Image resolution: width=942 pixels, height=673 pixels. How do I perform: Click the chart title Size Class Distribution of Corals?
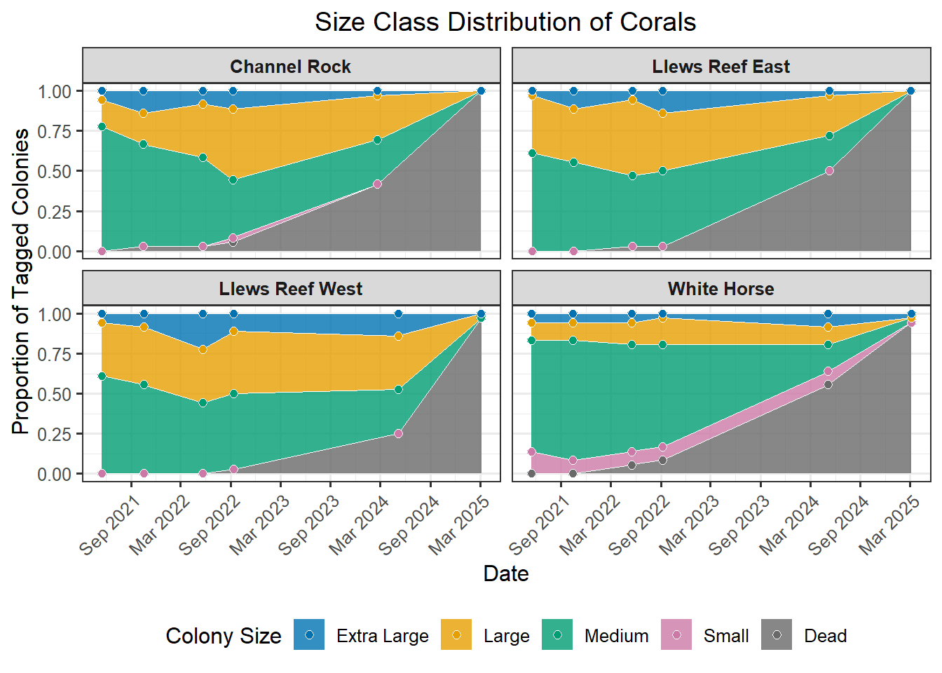(x=505, y=22)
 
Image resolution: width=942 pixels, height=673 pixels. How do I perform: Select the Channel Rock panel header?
(x=290, y=67)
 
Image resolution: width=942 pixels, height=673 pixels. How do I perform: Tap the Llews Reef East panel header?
(x=721, y=67)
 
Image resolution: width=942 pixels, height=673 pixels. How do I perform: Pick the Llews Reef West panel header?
(x=290, y=289)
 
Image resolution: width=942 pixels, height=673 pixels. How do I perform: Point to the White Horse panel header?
(x=721, y=289)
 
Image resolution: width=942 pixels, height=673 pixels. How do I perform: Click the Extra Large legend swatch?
(x=309, y=635)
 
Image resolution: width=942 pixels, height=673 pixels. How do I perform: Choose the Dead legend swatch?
(x=777, y=635)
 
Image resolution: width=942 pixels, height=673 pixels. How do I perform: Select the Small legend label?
(x=725, y=636)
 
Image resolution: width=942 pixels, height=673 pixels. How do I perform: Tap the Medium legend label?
(x=616, y=636)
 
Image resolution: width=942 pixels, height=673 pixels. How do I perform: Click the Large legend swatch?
(x=456, y=635)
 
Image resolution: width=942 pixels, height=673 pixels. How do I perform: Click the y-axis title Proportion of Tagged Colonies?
(x=21, y=280)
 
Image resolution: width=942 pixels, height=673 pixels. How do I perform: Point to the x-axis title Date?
(x=505, y=573)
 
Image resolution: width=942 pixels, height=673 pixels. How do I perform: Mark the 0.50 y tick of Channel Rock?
(x=55, y=172)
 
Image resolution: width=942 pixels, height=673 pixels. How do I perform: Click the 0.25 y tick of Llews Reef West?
(x=55, y=435)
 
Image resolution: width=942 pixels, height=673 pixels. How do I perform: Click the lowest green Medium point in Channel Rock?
(x=233, y=180)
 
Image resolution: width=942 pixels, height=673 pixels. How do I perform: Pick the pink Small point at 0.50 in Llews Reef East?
(x=829, y=170)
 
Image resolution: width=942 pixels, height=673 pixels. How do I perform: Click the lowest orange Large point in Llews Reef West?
(x=203, y=349)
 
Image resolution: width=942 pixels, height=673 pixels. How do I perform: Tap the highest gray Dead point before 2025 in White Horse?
(x=828, y=384)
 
